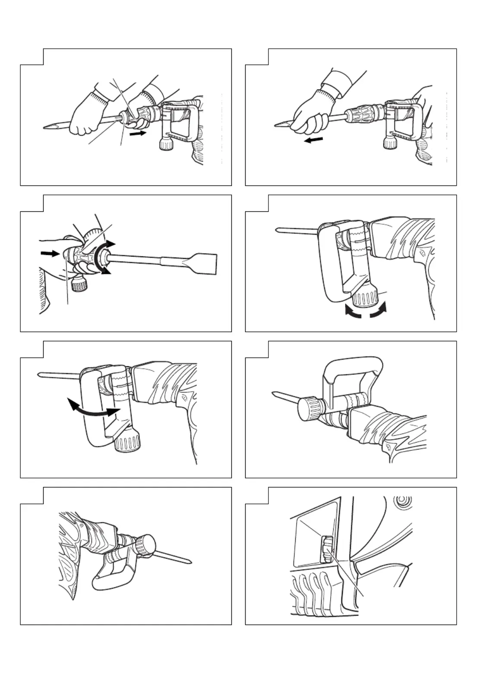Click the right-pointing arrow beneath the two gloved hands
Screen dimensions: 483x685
(x=138, y=134)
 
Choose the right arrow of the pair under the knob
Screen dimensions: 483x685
(x=378, y=311)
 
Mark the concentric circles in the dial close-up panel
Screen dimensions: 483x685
(x=404, y=501)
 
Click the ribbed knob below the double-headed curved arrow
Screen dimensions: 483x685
(x=128, y=443)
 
